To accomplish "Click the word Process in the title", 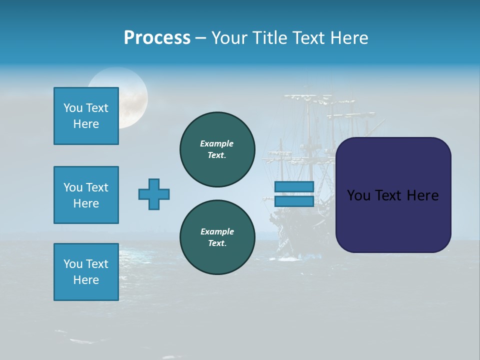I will click(x=157, y=38).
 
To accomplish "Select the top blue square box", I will click(x=86, y=116).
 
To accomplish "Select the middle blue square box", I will click(x=86, y=195).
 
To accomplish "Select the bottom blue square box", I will click(x=86, y=272).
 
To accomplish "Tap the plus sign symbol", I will click(x=154, y=194).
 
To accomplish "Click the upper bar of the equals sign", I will click(x=294, y=186).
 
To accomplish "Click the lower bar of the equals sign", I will click(x=294, y=201).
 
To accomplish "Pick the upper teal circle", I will click(x=217, y=149).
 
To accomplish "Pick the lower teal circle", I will click(x=217, y=237).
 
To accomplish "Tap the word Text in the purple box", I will click(x=389, y=195).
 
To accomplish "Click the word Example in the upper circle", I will click(x=217, y=143).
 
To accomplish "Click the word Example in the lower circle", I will click(x=217, y=231).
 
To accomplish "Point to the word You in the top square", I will click(x=72, y=108).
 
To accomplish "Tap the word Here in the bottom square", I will click(x=86, y=280).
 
